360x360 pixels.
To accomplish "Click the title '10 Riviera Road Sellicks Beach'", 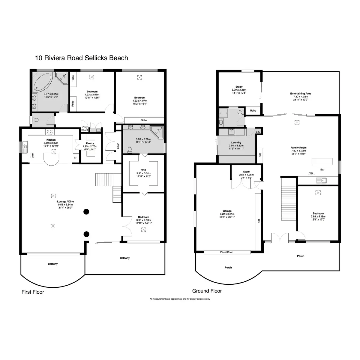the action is coord(82,58).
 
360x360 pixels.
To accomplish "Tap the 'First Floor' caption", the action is coord(33,292).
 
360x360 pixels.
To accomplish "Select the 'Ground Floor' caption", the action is coord(207,291).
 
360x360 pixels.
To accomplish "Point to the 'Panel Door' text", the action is coord(226,252).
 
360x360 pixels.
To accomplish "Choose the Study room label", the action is coord(239,87).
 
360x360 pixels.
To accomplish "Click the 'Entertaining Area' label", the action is coord(300,94).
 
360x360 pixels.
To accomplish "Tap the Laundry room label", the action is coord(236,142).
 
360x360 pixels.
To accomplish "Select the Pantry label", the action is coord(90,143).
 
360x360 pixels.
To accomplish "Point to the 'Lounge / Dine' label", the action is coord(65,202).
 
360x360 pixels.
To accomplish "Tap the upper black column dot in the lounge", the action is coord(86,212).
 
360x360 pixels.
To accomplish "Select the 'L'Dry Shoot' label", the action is coord(85,129).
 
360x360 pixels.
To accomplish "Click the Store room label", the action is coord(246,172).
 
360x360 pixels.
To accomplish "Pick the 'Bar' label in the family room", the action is coord(322,170).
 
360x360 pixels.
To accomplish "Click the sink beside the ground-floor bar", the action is coord(321,180).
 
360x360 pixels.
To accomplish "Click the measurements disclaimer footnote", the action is coord(180,299).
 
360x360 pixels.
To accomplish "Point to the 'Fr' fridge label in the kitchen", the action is coord(75,158).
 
